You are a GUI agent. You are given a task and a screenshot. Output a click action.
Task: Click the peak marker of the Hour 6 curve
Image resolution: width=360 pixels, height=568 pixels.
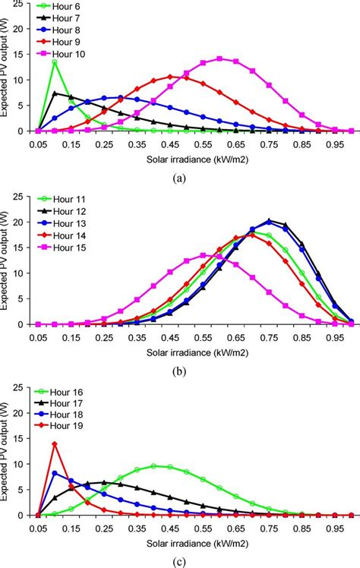pos(55,62)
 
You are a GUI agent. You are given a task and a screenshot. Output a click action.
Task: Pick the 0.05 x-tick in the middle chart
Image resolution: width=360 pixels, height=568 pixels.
pos(38,335)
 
